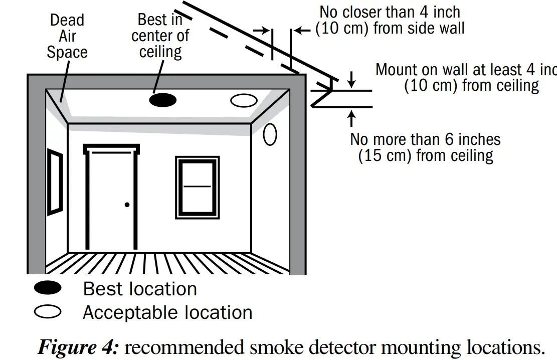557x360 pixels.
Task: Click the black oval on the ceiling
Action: tap(163, 100)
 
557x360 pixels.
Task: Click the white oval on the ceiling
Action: tap(244, 100)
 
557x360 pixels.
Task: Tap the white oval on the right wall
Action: tap(270, 134)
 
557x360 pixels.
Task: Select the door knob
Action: tap(127, 205)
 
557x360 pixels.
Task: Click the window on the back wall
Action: tap(197, 187)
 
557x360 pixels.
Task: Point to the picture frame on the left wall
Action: tap(55, 182)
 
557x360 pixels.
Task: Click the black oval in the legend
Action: tap(48, 288)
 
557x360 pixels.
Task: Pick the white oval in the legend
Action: tap(48, 312)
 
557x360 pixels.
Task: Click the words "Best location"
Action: tap(140, 289)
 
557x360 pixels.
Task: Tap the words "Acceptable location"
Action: tap(167, 312)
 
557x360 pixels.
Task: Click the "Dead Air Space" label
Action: tap(67, 36)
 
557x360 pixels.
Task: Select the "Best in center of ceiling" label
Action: tap(160, 36)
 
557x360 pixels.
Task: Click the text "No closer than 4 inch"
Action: tap(390, 12)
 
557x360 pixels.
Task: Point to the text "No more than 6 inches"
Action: tap(425, 139)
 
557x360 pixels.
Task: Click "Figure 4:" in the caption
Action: tap(78, 346)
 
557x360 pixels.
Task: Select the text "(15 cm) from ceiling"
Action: tap(426, 155)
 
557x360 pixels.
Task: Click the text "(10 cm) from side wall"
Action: tap(390, 28)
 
